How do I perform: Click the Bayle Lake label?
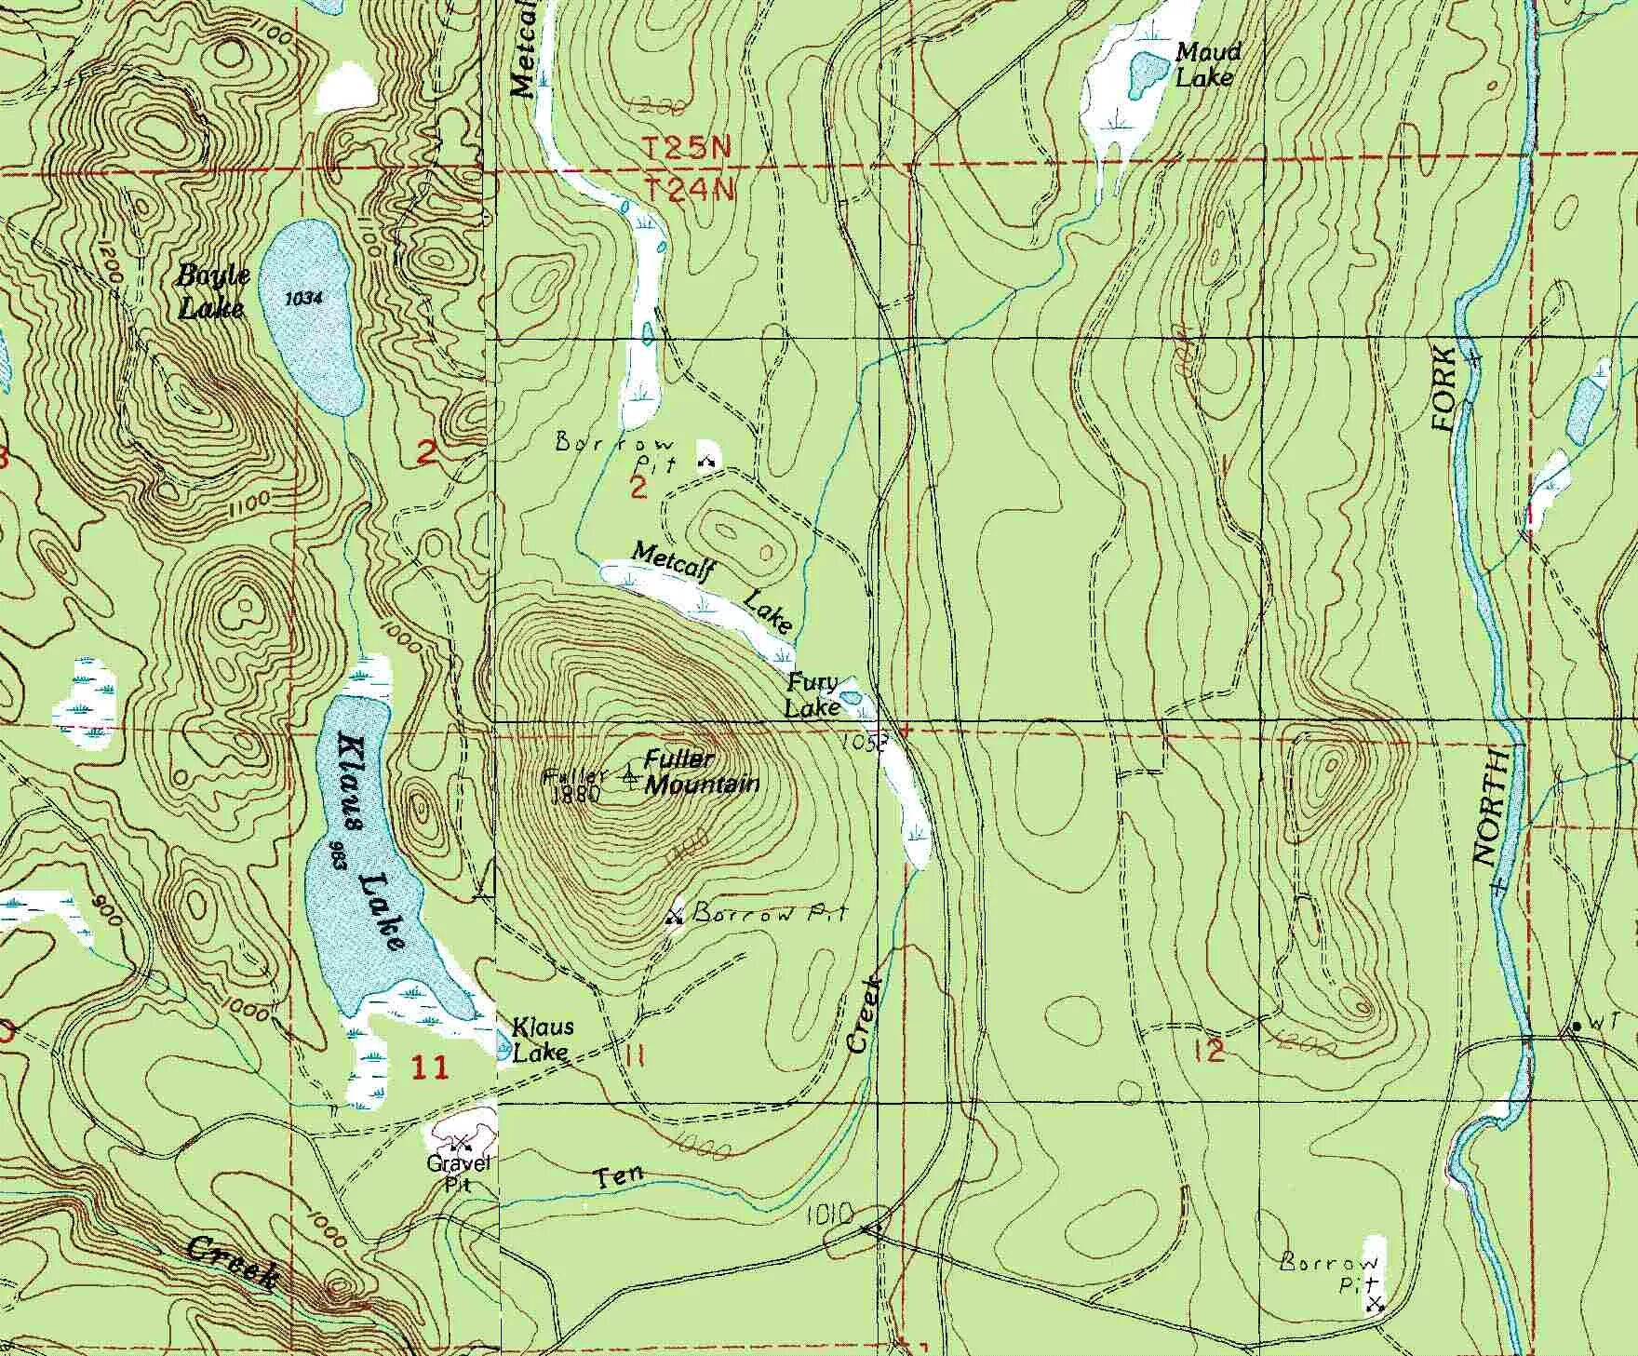[x=213, y=291]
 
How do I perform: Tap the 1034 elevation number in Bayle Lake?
[x=304, y=299]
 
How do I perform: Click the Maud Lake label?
[x=1207, y=64]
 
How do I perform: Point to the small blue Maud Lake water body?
[x=1146, y=73]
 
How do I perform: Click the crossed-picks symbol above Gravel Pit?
[x=461, y=1142]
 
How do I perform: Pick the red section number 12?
[x=1214, y=1051]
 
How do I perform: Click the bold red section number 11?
[x=429, y=1067]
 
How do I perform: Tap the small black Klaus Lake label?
[x=544, y=1040]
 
